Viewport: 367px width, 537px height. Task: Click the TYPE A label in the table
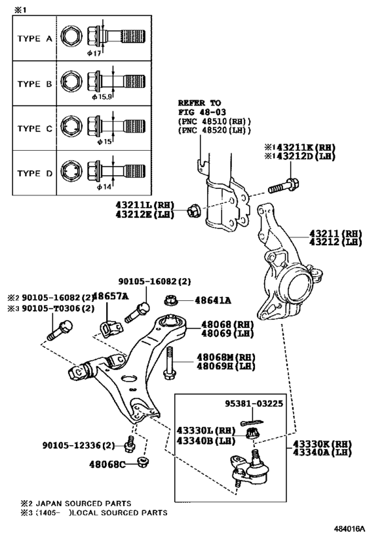click(35, 39)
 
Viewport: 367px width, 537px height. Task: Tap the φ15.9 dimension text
click(102, 97)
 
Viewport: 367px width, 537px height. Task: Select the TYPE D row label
click(35, 173)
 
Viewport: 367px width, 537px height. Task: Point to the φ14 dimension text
click(104, 187)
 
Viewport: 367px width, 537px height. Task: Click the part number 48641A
click(213, 301)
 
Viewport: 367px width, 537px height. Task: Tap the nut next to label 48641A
click(170, 301)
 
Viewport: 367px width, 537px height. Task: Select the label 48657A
click(111, 296)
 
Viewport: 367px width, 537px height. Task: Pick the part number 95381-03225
click(254, 403)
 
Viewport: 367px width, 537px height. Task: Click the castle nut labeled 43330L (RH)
click(253, 433)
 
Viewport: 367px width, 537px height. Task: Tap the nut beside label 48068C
click(142, 462)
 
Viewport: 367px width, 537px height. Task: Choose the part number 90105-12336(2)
click(79, 445)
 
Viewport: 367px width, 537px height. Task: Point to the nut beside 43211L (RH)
click(192, 210)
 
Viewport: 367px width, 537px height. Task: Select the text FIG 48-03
click(202, 112)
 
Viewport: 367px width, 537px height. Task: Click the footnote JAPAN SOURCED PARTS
click(83, 504)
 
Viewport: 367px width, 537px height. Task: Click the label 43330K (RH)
click(322, 444)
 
